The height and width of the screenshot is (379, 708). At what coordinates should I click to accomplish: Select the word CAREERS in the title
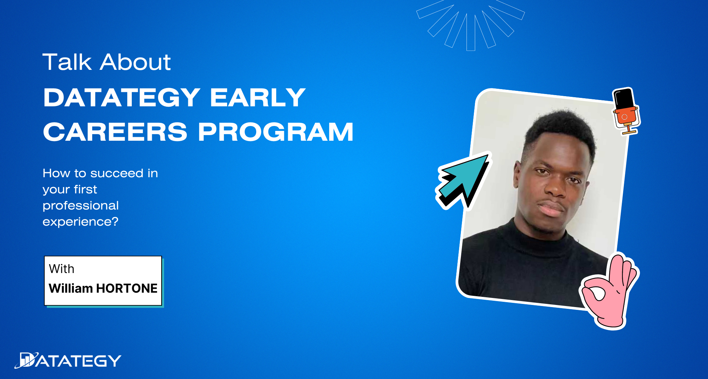pyautogui.click(x=115, y=132)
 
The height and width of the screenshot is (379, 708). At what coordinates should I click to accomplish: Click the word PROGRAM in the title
pyautogui.click(x=276, y=132)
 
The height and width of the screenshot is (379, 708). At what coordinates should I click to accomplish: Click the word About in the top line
pyautogui.click(x=135, y=62)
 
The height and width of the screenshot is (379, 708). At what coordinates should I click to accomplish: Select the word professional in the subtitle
pyautogui.click(x=81, y=206)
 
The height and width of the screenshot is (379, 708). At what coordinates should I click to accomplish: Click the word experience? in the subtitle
pyautogui.click(x=80, y=222)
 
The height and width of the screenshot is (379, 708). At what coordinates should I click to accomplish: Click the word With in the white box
pyautogui.click(x=62, y=269)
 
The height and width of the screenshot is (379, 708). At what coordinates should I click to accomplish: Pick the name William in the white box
pyautogui.click(x=71, y=288)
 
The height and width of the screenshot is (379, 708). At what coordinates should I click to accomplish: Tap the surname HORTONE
pyautogui.click(x=127, y=288)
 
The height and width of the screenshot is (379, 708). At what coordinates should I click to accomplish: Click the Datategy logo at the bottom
pyautogui.click(x=68, y=360)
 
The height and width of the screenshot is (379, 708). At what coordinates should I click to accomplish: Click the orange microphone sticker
pyautogui.click(x=626, y=111)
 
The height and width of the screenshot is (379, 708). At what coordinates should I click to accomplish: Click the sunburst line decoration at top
pyautogui.click(x=470, y=25)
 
